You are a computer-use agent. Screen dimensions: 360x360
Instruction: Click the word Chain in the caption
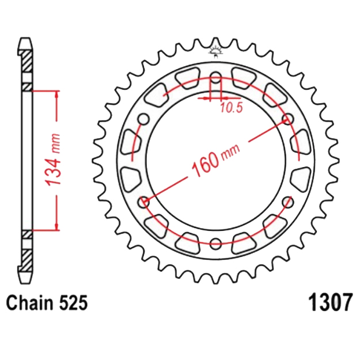(26, 304)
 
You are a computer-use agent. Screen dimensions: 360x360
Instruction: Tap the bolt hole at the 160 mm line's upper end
(287, 120)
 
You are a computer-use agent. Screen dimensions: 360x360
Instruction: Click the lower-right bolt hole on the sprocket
(287, 202)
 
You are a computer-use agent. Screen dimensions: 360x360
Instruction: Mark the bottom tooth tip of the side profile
(24, 279)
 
